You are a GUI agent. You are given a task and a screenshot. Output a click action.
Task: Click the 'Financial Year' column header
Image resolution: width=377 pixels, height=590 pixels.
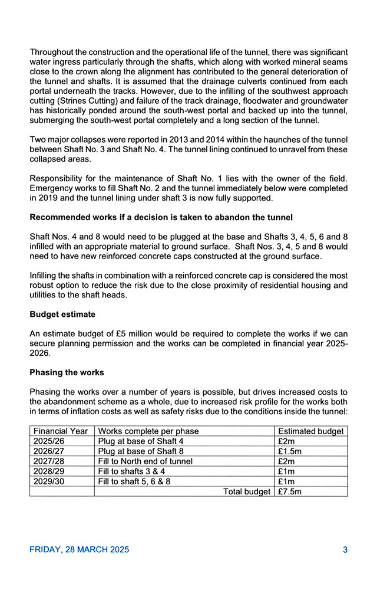(x=61, y=431)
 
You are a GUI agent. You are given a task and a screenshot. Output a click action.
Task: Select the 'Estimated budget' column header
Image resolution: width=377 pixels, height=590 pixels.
(x=310, y=431)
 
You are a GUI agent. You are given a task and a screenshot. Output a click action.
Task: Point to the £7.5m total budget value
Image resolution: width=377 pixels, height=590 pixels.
(x=290, y=491)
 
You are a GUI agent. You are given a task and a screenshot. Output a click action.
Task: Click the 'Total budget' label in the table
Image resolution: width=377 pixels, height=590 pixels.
(x=247, y=491)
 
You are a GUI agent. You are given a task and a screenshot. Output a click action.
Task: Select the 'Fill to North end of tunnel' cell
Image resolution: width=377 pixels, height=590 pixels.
(x=145, y=461)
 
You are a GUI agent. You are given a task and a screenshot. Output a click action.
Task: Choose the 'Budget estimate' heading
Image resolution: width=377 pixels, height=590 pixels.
(x=62, y=314)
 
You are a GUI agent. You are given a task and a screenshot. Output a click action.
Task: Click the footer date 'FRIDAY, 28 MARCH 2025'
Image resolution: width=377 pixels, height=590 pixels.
(x=80, y=550)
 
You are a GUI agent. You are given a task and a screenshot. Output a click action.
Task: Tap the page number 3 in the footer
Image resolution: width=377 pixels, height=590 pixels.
(x=345, y=550)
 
